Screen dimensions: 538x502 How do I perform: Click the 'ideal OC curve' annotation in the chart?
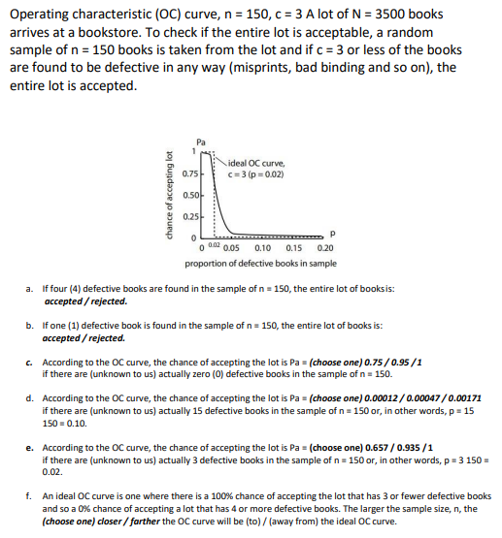tap(257, 162)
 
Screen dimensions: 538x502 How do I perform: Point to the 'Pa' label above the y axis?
tap(201, 142)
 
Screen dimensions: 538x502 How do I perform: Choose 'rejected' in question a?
tap(106, 301)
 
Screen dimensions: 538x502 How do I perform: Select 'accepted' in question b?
tap(62, 338)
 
